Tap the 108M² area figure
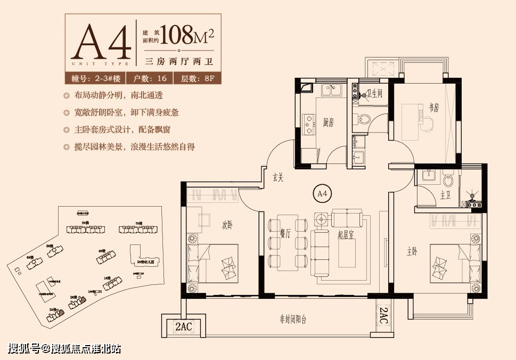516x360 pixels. point(186,36)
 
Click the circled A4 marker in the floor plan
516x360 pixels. point(321,193)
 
